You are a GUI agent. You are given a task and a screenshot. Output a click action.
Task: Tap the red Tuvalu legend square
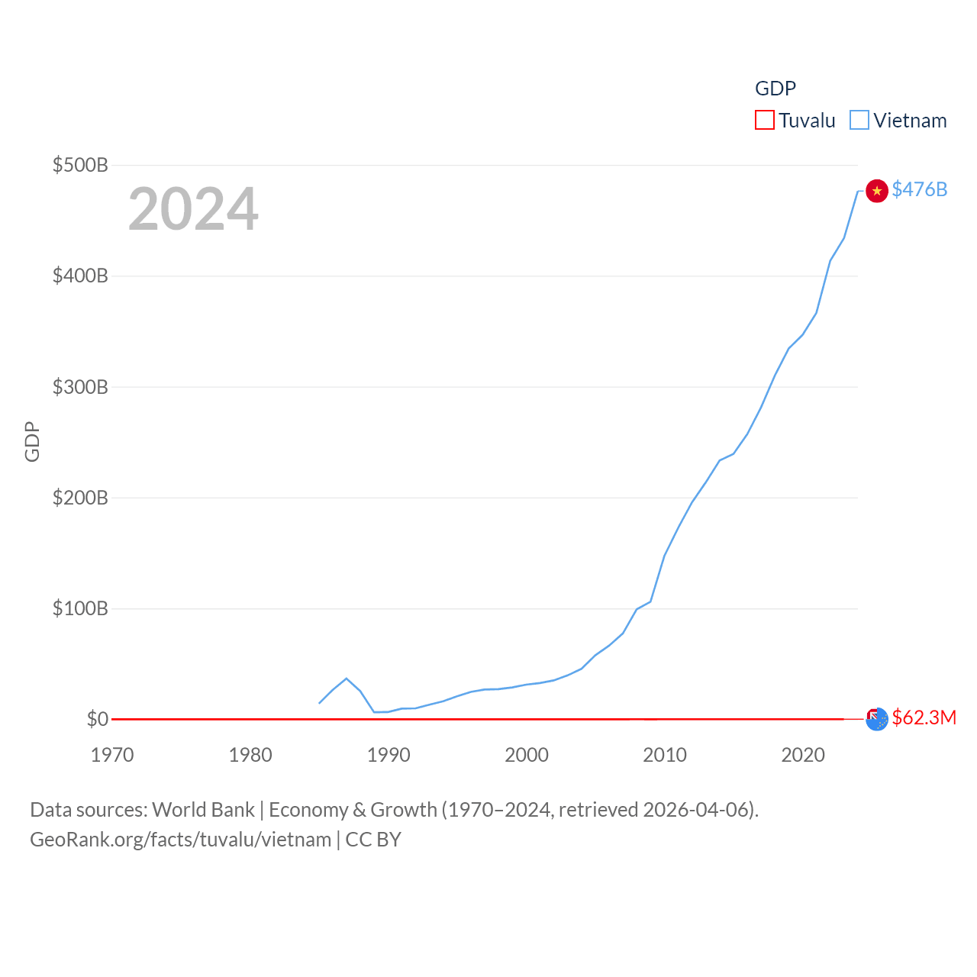764,121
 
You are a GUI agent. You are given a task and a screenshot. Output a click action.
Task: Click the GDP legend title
775,89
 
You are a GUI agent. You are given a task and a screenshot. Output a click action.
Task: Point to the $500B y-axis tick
80,165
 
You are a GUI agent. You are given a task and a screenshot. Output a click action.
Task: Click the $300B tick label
80,387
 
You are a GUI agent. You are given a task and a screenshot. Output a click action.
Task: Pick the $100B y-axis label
80,608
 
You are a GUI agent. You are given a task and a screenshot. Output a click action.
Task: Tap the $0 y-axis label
97,719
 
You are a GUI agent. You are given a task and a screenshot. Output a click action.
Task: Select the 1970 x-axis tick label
112,755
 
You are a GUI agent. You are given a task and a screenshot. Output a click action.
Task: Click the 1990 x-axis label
389,755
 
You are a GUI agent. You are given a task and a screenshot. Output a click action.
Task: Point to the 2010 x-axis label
665,755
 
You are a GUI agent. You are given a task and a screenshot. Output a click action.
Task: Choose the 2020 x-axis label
803,755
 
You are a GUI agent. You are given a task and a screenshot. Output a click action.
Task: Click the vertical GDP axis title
32,441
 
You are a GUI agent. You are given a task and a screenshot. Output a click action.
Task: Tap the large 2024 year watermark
193,209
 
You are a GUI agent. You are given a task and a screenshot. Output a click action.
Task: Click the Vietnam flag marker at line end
877,191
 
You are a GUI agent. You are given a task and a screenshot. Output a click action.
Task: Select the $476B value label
920,189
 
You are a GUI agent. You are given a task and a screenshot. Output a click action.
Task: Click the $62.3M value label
924,717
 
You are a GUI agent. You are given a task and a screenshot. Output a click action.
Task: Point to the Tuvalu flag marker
877,719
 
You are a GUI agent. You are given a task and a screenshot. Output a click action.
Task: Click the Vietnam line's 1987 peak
347,679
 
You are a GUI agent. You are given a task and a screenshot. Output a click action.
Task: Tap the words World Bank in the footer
203,810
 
